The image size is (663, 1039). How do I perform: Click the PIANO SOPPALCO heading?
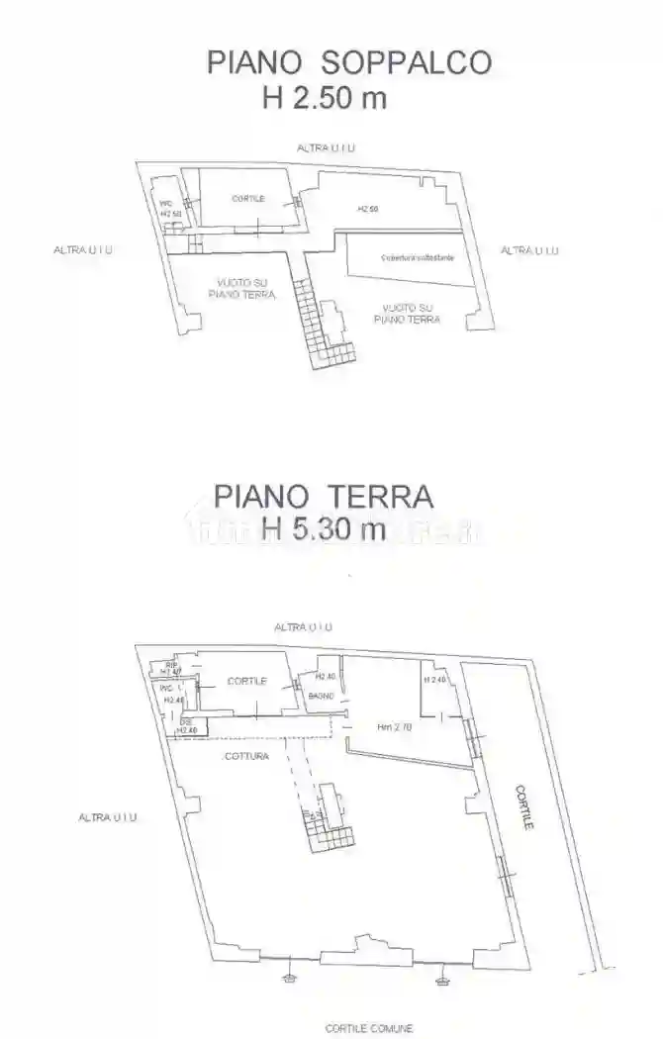pyautogui.click(x=348, y=61)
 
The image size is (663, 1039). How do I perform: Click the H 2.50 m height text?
pyautogui.click(x=323, y=98)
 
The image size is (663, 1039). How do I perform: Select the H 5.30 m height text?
pyautogui.click(x=324, y=528)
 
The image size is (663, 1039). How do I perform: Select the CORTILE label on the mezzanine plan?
pyautogui.click(x=247, y=199)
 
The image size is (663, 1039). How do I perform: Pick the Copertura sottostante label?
pyautogui.click(x=418, y=257)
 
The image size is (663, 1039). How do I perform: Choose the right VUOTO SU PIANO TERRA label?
pyautogui.click(x=407, y=313)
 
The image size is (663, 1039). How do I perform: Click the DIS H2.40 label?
pyautogui.click(x=187, y=727)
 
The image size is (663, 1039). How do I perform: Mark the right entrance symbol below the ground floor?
pyautogui.click(x=441, y=980)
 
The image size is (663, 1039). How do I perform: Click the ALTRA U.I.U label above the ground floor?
pyautogui.click(x=303, y=627)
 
